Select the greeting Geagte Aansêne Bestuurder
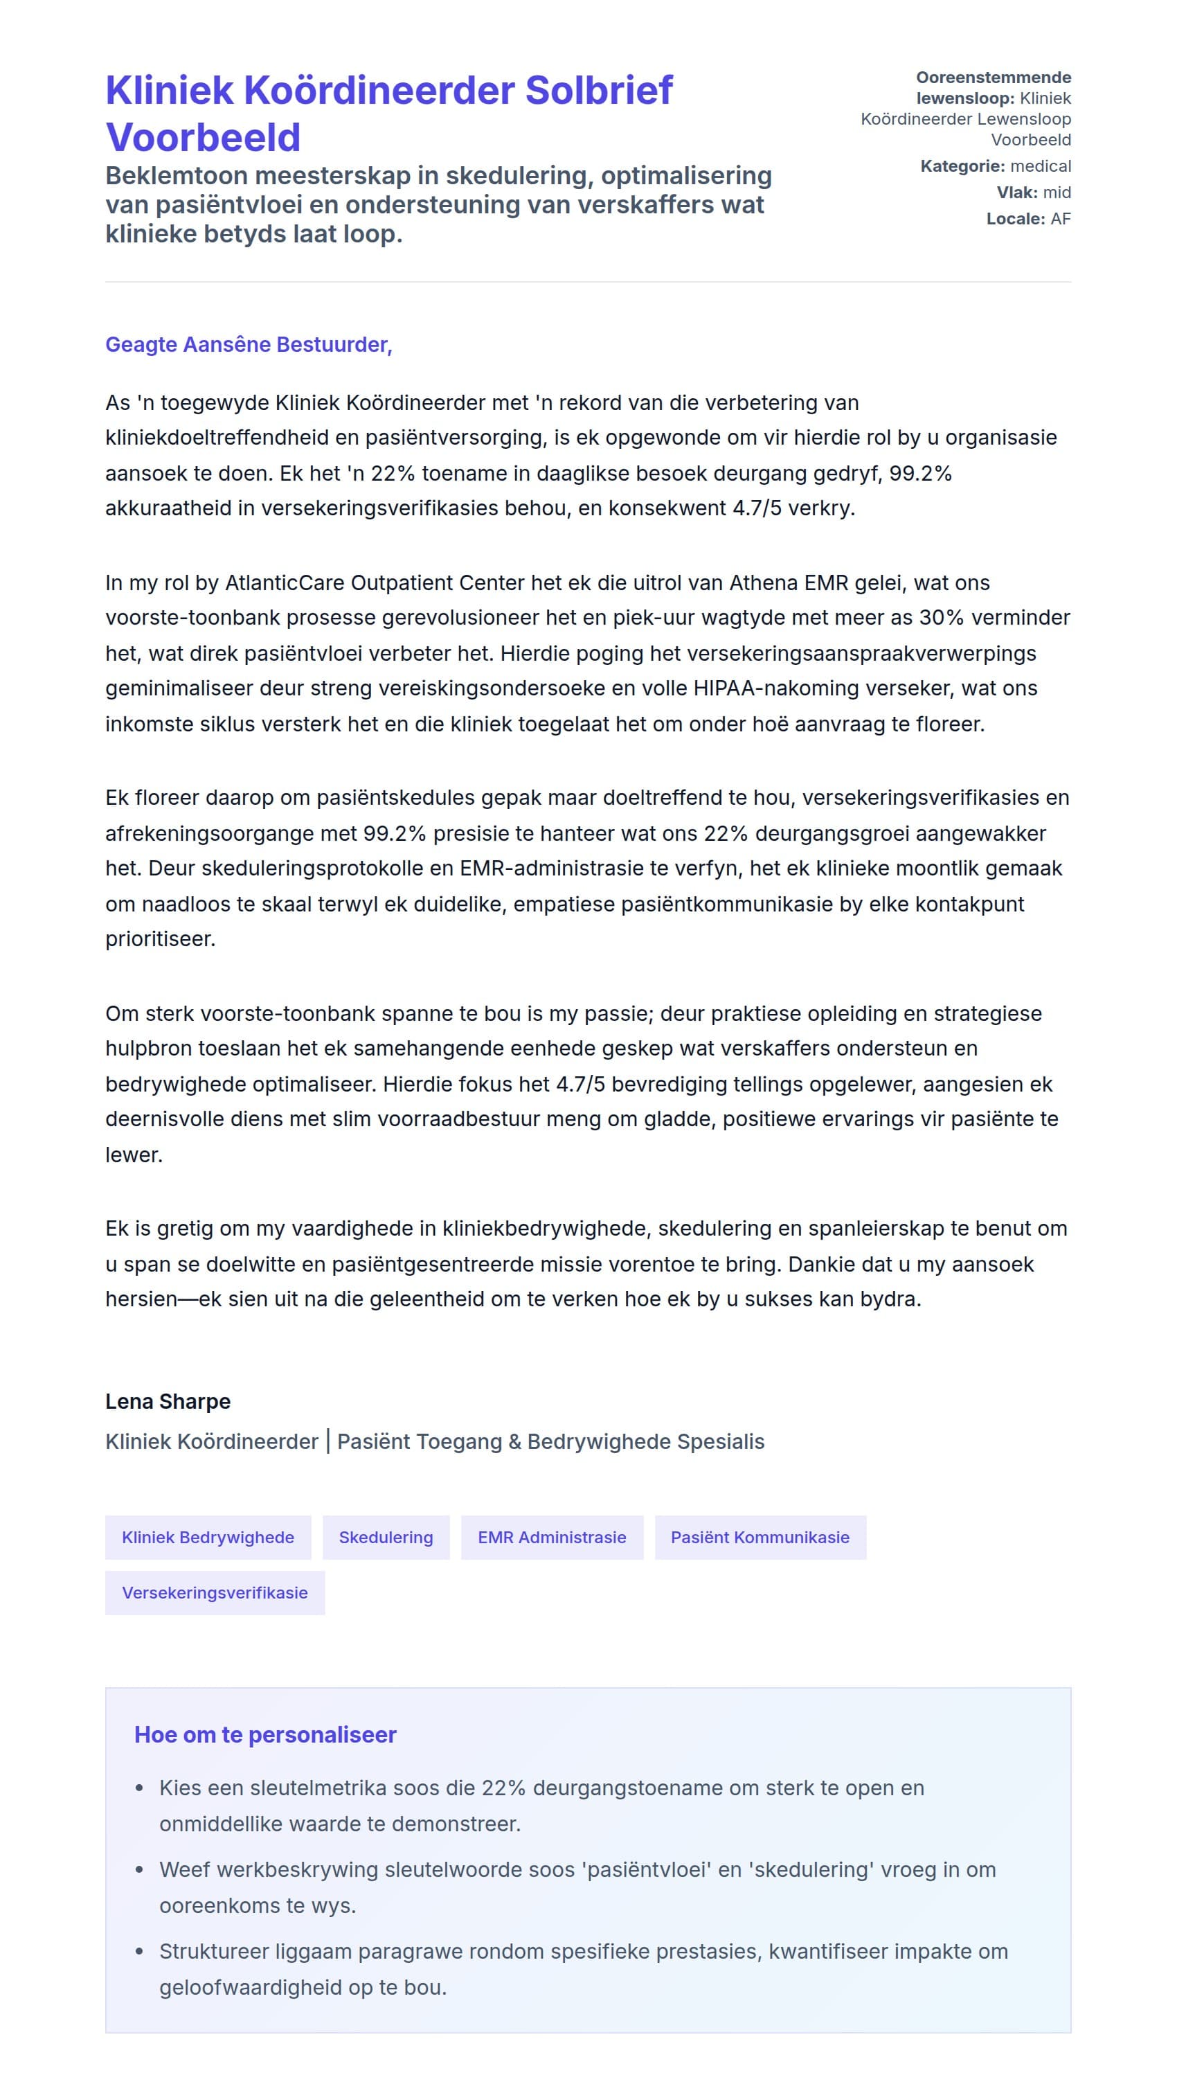pyautogui.click(x=249, y=345)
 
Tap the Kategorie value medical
pyautogui.click(x=1040, y=166)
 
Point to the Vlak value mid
pyautogui.click(x=1057, y=193)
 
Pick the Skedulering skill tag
pyautogui.click(x=386, y=1538)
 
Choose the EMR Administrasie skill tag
pyautogui.click(x=552, y=1538)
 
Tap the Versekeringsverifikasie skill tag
pyautogui.click(x=215, y=1593)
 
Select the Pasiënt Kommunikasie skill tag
pyautogui.click(x=760, y=1538)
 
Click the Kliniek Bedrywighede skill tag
pyautogui.click(x=208, y=1538)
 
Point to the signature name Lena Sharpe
pyautogui.click(x=168, y=1401)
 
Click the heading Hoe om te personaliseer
pyautogui.click(x=265, y=1735)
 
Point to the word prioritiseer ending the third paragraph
pyautogui.click(x=161, y=939)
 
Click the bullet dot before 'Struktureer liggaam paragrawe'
pyautogui.click(x=139, y=1952)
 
